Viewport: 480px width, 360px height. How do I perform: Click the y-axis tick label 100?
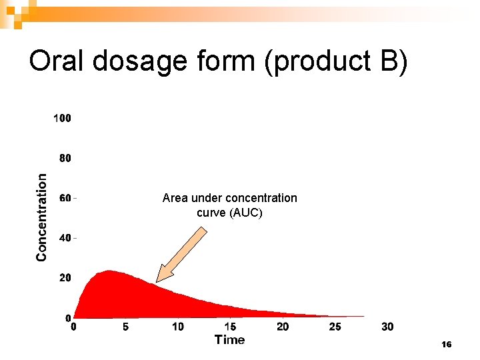coord(62,119)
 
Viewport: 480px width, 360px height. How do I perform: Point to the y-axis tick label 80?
coord(65,159)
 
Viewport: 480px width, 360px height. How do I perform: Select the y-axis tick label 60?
coord(65,198)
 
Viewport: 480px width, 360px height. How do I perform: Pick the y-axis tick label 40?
coord(65,238)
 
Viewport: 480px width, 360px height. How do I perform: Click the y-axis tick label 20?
coord(65,277)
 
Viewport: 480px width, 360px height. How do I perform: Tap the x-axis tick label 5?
coord(125,327)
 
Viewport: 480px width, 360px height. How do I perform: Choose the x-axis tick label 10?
coord(178,327)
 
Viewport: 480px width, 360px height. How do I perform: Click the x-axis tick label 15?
coord(230,327)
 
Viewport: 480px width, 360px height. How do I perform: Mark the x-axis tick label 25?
coord(335,327)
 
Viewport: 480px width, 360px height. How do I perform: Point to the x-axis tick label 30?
coord(387,327)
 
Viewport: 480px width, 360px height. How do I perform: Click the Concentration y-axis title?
coord(42,217)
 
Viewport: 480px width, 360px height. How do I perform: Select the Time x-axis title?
coord(230,340)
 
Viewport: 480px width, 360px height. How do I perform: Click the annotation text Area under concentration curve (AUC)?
coord(230,205)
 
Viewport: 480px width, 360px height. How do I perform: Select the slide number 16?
coord(447,345)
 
